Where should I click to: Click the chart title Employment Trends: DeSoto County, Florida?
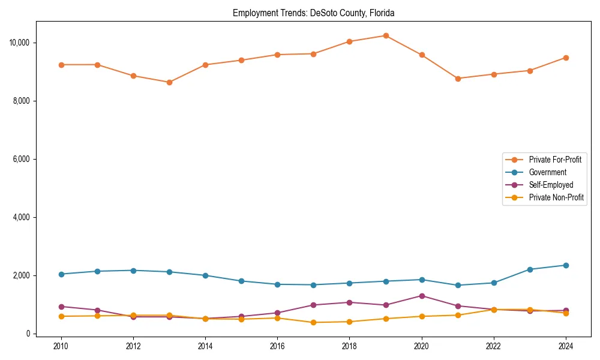pos(313,13)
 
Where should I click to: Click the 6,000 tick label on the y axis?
pos(21,159)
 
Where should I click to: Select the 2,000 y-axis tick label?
pos(21,275)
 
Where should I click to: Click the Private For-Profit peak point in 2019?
pos(386,35)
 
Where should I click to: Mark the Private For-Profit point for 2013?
pos(169,82)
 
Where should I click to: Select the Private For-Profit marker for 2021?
pos(458,79)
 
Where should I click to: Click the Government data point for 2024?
pos(566,265)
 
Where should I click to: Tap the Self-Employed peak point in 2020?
pos(422,296)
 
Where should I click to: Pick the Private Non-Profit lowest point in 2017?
pos(313,323)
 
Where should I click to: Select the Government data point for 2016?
pos(277,284)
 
